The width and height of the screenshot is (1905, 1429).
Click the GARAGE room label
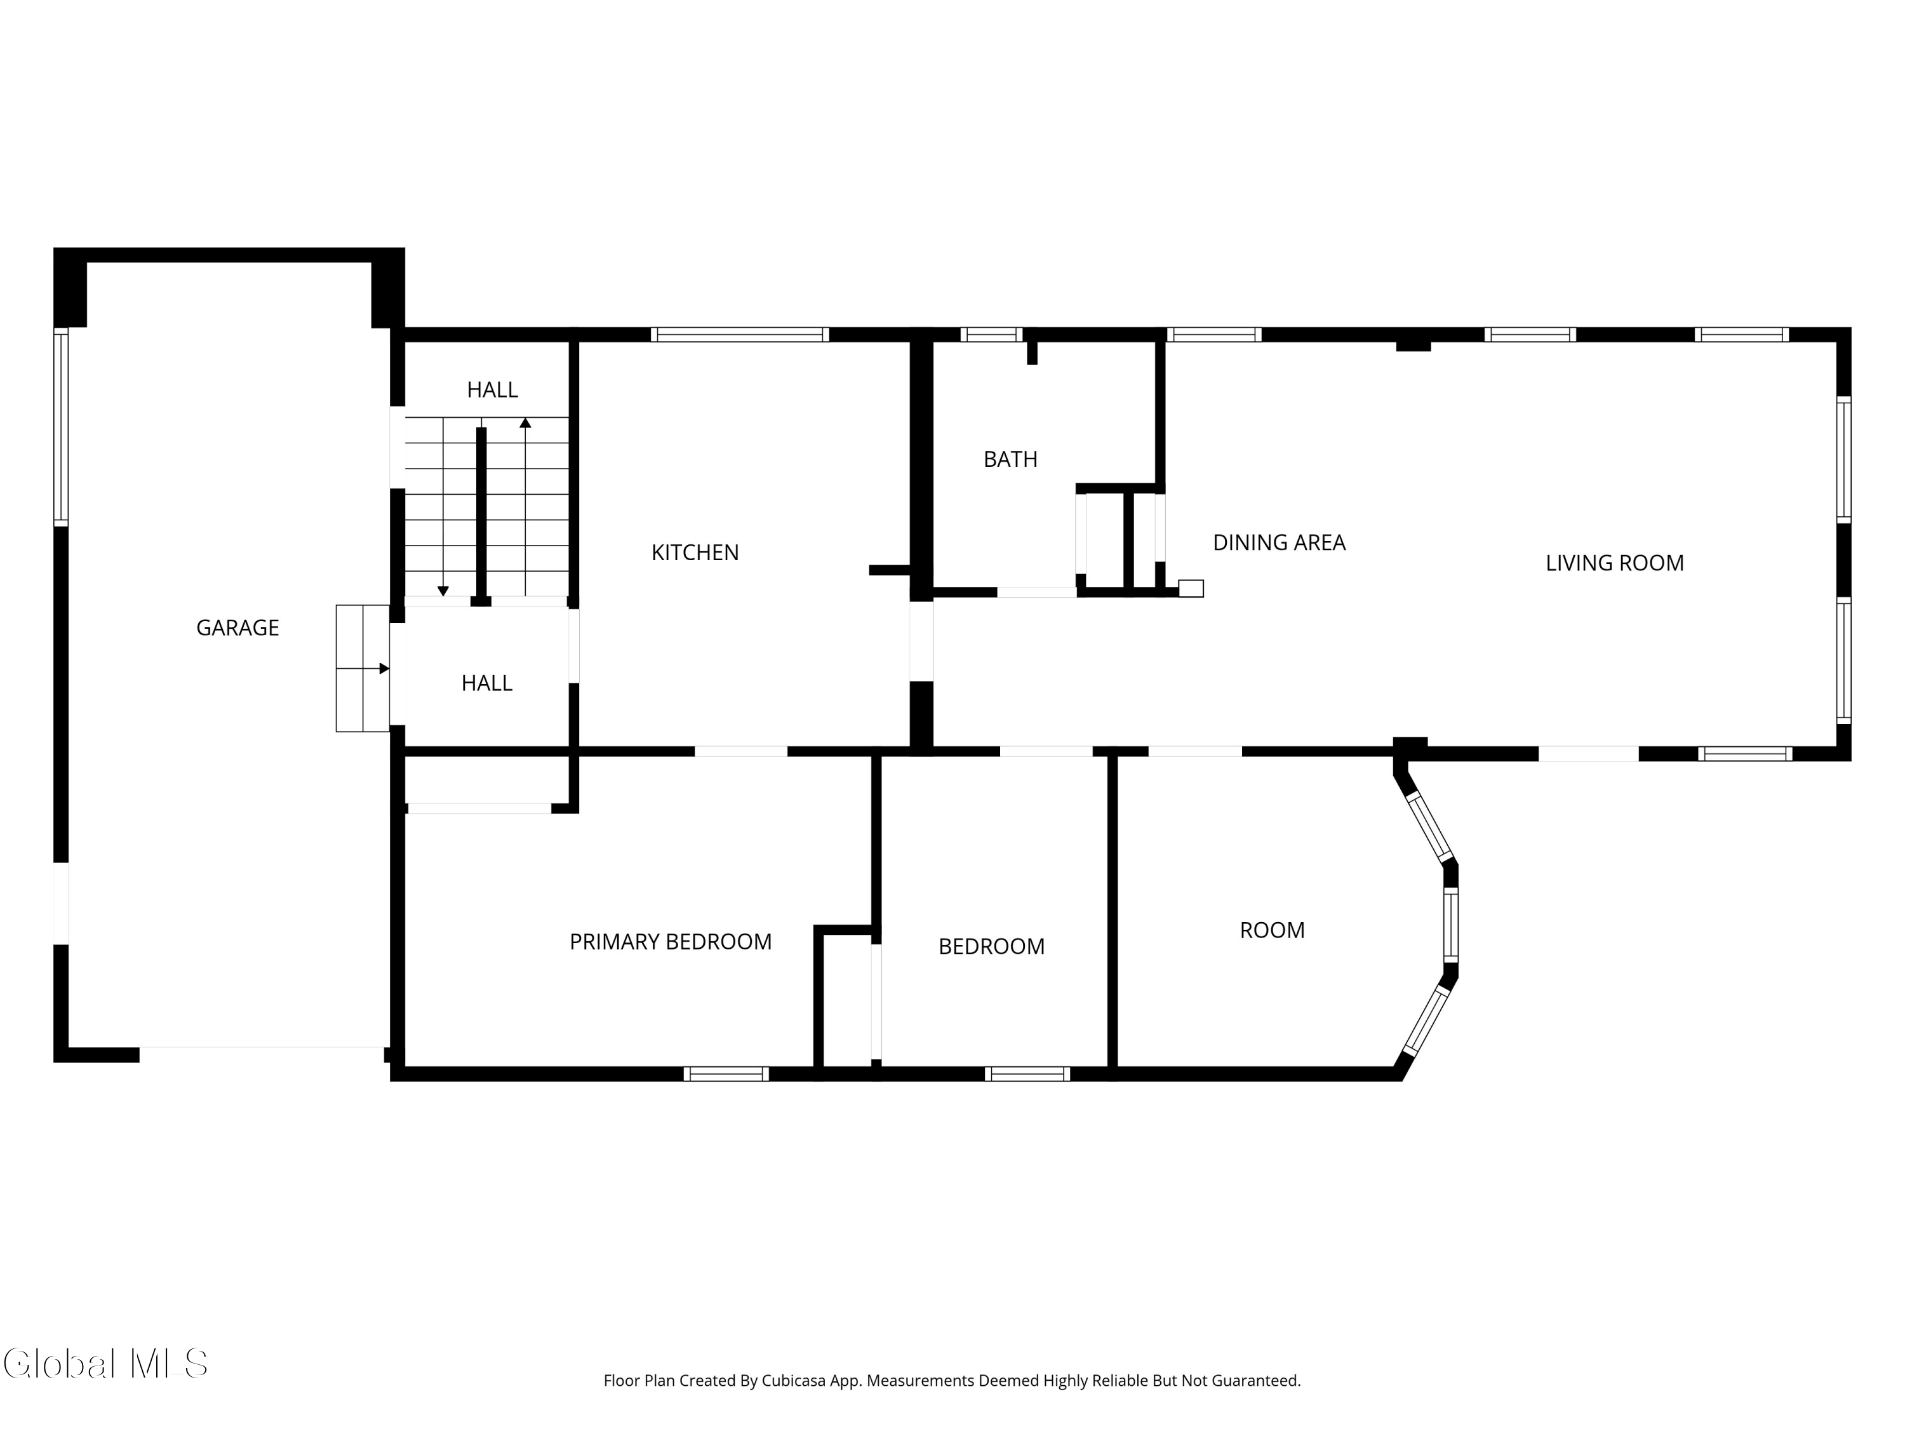[x=237, y=628]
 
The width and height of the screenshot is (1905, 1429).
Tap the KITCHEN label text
[x=695, y=553]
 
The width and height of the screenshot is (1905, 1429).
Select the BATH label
[x=1010, y=459]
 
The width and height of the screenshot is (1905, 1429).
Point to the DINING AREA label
[x=1279, y=542]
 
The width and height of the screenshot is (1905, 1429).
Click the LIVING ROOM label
[x=1614, y=563]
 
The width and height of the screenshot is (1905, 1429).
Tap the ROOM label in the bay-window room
[x=1272, y=930]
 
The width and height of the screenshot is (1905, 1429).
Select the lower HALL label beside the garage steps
[x=486, y=683]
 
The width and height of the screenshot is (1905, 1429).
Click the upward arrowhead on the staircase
[x=525, y=423]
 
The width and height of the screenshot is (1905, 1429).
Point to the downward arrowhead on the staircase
[x=443, y=591]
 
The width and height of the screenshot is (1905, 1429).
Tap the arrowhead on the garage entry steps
[x=384, y=668]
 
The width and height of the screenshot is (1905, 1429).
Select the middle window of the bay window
[x=1450, y=925]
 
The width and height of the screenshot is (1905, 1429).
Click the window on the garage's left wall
[x=60, y=427]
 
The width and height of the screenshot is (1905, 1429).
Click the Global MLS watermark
[x=105, y=1364]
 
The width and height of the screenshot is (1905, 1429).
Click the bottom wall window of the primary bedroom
[x=726, y=1073]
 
